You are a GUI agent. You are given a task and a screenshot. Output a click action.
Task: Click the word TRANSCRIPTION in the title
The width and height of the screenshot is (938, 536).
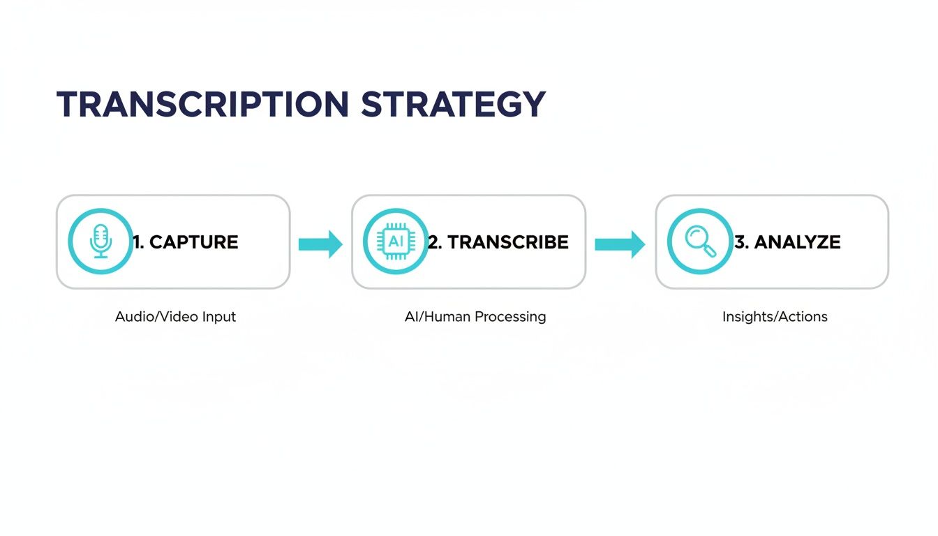click(x=202, y=104)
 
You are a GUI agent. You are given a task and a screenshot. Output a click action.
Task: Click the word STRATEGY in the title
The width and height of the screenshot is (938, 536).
click(x=453, y=104)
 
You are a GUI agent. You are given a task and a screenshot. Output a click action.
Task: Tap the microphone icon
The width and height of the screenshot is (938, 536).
click(x=100, y=241)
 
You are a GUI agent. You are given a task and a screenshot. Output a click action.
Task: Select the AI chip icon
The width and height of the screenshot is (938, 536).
click(x=396, y=241)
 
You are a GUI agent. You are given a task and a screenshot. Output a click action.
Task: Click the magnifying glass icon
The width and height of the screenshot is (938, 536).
click(x=699, y=241)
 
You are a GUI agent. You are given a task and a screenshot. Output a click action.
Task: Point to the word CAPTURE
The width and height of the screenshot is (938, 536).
click(x=193, y=242)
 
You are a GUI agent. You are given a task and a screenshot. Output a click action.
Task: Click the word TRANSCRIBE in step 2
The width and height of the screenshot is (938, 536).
click(x=507, y=242)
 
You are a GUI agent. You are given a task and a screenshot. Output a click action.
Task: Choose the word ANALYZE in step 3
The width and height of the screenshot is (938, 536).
click(x=797, y=242)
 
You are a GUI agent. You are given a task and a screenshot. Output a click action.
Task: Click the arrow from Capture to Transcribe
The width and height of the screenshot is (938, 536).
click(x=320, y=244)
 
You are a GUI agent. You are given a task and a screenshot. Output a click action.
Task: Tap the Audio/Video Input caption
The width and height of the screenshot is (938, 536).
click(x=175, y=317)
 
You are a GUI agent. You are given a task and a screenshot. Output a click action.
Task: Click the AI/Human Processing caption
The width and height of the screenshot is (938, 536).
click(x=475, y=317)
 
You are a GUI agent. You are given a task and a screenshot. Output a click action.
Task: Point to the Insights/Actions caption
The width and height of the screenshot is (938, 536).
click(x=775, y=317)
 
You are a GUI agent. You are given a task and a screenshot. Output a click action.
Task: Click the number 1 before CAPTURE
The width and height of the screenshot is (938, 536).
click(x=137, y=242)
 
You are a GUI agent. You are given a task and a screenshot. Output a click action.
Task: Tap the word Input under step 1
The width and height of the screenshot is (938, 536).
click(x=219, y=317)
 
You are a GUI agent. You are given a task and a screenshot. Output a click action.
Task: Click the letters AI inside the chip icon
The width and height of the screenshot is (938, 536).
click(x=396, y=241)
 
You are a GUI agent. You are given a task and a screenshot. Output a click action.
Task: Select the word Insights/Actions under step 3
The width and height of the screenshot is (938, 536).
click(x=775, y=317)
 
